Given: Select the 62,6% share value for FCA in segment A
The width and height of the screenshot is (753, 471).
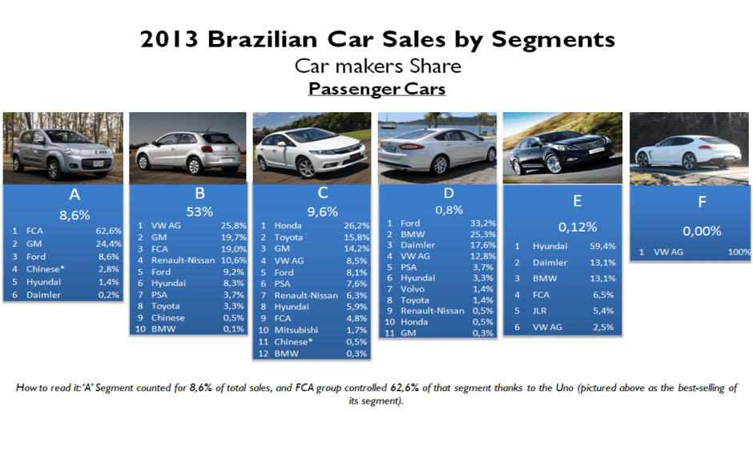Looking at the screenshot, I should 107,231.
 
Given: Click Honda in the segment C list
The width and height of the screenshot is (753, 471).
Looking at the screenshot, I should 288,226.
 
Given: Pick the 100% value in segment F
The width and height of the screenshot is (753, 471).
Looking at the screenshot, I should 739,252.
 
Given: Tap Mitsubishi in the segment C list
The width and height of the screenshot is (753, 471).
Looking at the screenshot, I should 296,328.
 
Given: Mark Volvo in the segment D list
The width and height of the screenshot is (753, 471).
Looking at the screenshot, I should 413,288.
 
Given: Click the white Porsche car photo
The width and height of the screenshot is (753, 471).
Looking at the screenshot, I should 689,149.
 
